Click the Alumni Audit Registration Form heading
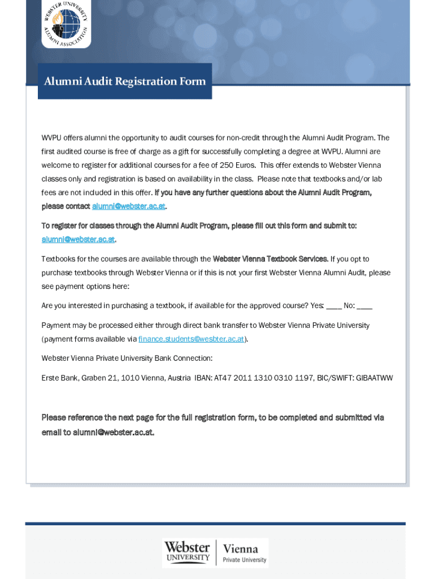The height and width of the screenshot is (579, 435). [x=125, y=81]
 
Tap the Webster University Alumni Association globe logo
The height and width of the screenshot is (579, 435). [x=66, y=23]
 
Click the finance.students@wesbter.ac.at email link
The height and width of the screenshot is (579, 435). [x=191, y=339]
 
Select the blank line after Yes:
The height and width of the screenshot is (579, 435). [x=334, y=306]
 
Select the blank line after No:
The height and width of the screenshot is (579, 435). [x=365, y=306]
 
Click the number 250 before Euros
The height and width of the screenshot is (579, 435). [x=227, y=165]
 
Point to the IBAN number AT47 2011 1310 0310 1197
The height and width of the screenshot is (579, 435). [x=263, y=378]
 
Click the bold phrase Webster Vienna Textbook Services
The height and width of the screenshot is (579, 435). [x=270, y=259]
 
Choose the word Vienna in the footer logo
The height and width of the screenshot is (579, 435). [x=240, y=548]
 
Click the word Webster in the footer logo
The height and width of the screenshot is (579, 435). [x=187, y=547]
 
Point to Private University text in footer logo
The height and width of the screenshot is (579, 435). [x=244, y=560]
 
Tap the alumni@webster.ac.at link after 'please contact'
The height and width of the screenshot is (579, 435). [x=129, y=206]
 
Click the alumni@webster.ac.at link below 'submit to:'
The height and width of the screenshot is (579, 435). [x=78, y=239]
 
